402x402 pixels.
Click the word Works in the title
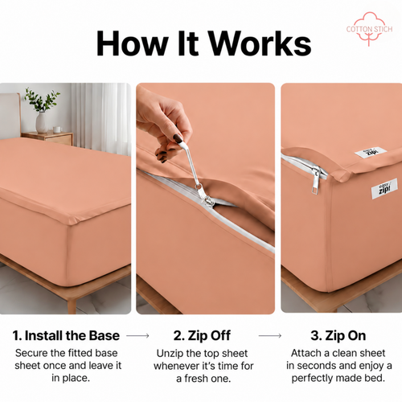(x=260, y=43)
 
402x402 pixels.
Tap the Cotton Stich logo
(x=369, y=29)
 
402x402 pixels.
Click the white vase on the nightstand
(x=42, y=122)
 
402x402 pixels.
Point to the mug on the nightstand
(x=57, y=129)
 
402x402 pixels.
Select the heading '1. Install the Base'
(x=66, y=335)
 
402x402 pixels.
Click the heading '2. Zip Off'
(x=202, y=336)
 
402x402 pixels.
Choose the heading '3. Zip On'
(x=338, y=336)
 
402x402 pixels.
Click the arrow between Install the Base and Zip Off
(x=137, y=335)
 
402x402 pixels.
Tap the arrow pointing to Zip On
(x=270, y=335)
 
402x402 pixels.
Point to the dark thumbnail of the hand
(x=178, y=137)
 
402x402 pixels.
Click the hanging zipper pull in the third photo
(x=315, y=180)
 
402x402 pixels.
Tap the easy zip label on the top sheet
(x=371, y=152)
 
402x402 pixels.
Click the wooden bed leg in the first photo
(x=72, y=306)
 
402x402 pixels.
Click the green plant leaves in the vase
(x=42, y=99)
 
